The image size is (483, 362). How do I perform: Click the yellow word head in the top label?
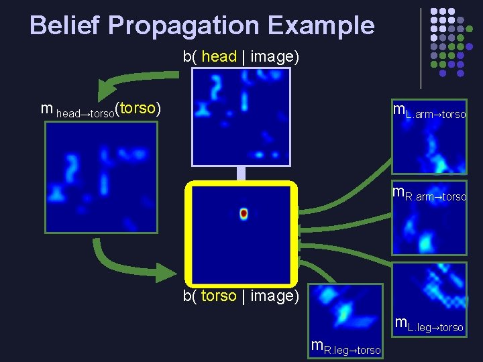pyautogui.click(x=219, y=56)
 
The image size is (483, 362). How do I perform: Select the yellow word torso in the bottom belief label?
pyautogui.click(x=219, y=296)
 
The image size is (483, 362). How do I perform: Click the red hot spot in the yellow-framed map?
pyautogui.click(x=244, y=214)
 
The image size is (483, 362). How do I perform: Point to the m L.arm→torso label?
pyautogui.click(x=429, y=111)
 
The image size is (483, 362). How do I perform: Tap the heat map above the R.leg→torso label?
pyautogui.click(x=347, y=312)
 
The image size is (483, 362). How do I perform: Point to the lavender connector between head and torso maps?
pyautogui.click(x=241, y=173)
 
